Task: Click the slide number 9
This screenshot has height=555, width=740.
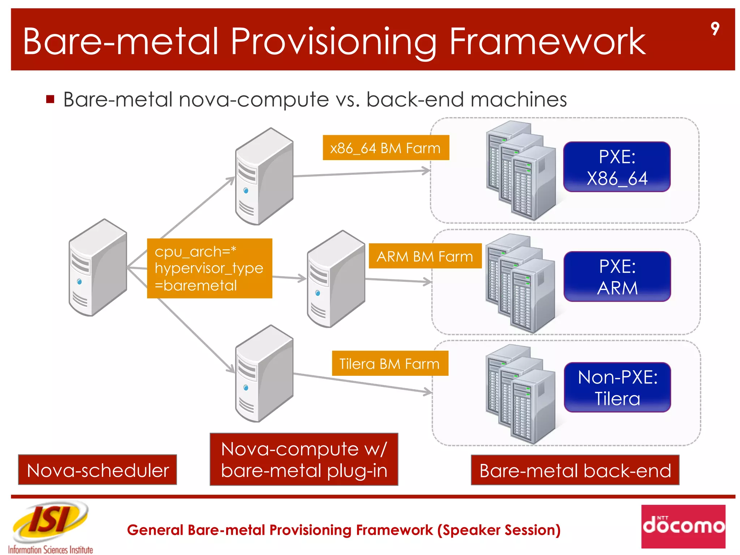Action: point(715,29)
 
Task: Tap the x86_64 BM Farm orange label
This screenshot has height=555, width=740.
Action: point(386,148)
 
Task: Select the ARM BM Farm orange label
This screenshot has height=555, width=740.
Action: point(425,256)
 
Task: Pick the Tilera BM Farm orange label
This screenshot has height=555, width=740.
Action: point(390,363)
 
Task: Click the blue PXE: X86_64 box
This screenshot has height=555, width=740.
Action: point(617,167)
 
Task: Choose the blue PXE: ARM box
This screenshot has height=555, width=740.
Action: point(617,277)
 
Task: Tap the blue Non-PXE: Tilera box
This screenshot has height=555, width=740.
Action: point(617,387)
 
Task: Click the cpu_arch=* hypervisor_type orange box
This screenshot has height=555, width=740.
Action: point(210,268)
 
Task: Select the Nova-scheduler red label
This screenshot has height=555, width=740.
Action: point(98,470)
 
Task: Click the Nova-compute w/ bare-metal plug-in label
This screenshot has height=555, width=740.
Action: point(304,459)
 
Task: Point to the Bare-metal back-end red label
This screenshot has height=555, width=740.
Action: point(575,470)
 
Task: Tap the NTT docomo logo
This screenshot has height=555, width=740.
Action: point(683,526)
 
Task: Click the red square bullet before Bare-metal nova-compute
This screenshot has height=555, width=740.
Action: point(50,99)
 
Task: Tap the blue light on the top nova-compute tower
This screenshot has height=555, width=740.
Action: point(246,190)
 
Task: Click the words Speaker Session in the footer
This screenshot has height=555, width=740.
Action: point(499,530)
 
